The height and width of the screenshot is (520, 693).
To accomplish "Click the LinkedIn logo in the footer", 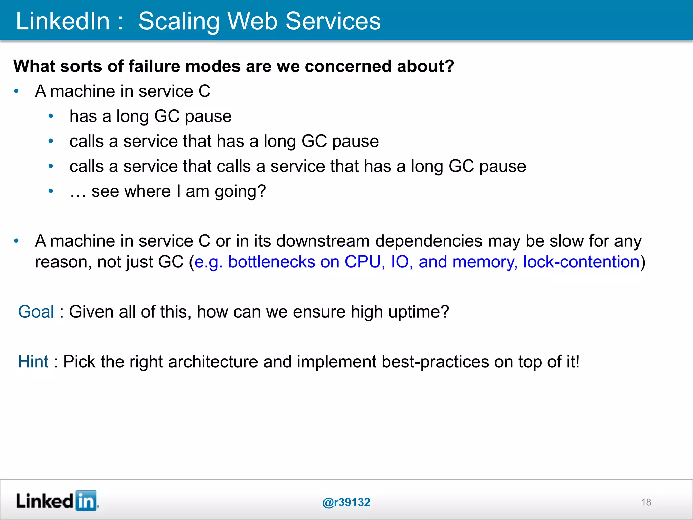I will click(x=58, y=501).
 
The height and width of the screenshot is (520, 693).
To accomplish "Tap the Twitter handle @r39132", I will click(x=346, y=502).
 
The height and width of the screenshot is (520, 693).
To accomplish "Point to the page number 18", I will click(x=646, y=502).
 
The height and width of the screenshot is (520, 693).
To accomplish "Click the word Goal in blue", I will click(x=36, y=312).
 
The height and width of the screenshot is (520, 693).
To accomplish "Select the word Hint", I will click(x=33, y=362).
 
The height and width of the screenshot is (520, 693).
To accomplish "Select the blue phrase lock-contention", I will click(x=581, y=262).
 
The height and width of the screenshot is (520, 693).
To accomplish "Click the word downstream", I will click(x=323, y=241).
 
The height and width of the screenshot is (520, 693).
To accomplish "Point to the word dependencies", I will click(x=429, y=241).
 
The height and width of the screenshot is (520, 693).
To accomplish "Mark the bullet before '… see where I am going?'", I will click(x=51, y=191).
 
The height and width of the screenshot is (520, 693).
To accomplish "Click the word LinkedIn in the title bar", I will click(x=63, y=21).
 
